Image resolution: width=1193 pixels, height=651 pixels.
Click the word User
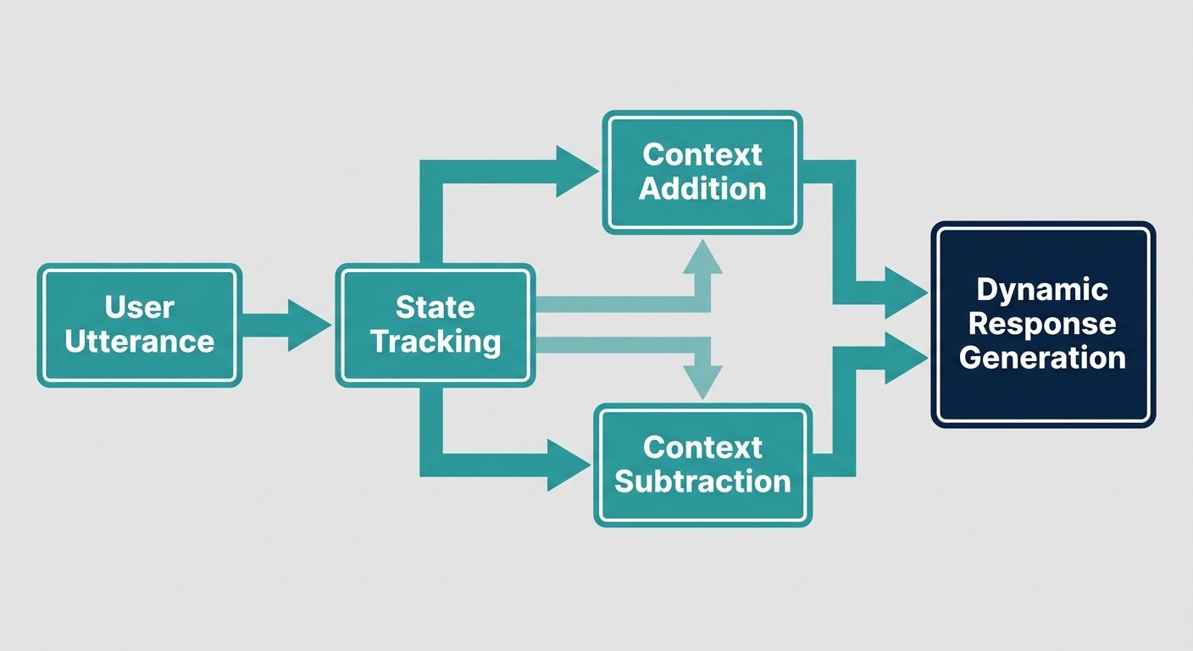(140, 307)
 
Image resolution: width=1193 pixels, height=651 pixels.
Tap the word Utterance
(140, 342)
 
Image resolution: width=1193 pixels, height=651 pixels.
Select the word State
(436, 307)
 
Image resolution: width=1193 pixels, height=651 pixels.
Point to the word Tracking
(436, 342)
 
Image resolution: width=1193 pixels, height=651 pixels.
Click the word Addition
(702, 188)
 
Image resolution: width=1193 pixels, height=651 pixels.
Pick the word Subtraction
(702, 481)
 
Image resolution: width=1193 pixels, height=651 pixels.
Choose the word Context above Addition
(702, 154)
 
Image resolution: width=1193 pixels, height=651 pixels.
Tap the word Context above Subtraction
(702, 447)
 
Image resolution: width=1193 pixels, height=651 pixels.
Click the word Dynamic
(1042, 290)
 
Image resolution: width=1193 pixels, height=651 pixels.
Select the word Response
(1042, 324)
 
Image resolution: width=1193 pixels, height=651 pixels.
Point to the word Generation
(1042, 358)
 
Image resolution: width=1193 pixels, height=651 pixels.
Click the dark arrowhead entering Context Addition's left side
(575, 171)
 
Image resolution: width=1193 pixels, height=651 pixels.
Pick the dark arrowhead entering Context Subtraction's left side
(567, 465)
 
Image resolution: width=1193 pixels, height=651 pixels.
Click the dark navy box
(1042, 398)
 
